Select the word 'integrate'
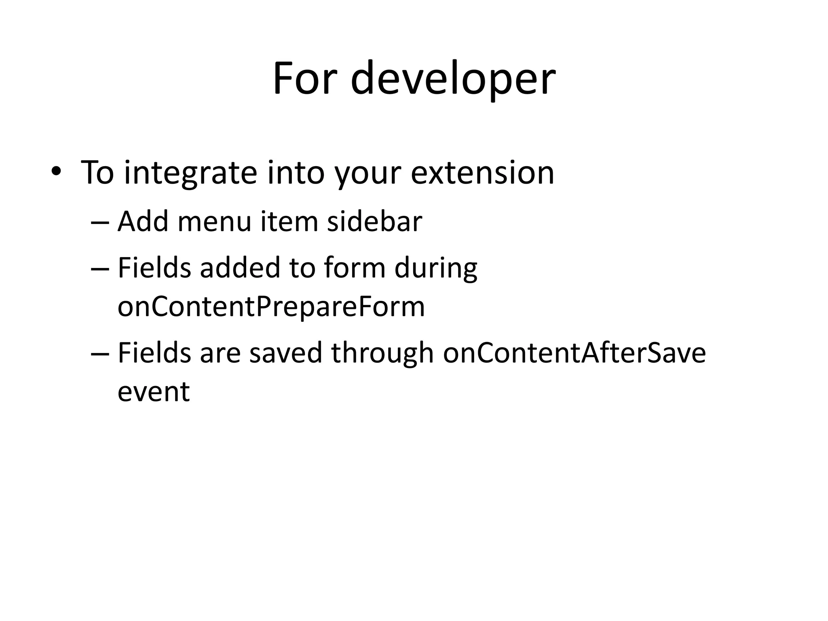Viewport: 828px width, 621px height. coord(190,173)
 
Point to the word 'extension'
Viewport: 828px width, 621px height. coord(482,173)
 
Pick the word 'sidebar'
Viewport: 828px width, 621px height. coord(374,222)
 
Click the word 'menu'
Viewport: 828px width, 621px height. coord(214,222)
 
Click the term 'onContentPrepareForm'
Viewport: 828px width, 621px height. coord(271,307)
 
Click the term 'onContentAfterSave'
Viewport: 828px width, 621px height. coord(574,353)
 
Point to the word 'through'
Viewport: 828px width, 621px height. coord(382,354)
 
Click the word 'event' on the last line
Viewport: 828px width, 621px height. coord(154,392)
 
